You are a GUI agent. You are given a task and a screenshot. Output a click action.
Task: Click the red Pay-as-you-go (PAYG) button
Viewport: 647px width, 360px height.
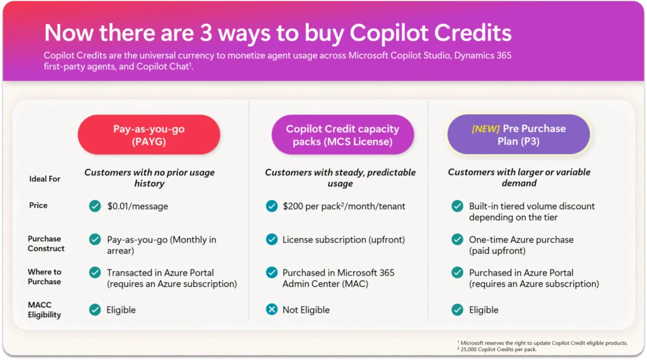click(x=148, y=135)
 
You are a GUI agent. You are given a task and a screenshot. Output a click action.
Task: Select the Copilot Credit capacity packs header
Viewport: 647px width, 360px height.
click(x=342, y=135)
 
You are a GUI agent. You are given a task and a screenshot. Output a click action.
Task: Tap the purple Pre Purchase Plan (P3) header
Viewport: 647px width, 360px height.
click(x=519, y=135)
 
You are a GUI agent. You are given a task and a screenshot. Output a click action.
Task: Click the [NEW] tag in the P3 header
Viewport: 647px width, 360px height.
click(x=485, y=129)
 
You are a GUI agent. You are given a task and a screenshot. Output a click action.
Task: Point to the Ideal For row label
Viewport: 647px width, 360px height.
click(x=45, y=179)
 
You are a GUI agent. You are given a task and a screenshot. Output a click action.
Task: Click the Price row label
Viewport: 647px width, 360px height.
click(x=38, y=205)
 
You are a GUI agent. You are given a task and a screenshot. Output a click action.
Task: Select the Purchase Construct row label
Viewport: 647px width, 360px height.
click(x=46, y=243)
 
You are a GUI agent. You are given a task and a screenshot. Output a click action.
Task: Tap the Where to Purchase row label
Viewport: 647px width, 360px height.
click(x=44, y=277)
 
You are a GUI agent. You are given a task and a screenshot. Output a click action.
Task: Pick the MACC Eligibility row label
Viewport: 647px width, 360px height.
click(x=44, y=309)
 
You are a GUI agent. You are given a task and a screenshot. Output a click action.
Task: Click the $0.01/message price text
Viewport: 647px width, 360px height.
click(x=138, y=206)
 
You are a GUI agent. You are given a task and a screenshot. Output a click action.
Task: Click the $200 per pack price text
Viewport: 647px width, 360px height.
click(x=344, y=206)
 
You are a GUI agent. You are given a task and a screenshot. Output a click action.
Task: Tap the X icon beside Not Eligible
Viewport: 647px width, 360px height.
click(x=272, y=309)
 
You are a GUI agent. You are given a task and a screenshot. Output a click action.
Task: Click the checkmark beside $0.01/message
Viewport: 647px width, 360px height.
click(x=95, y=206)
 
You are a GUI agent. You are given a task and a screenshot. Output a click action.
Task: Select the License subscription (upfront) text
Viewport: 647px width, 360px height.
click(x=344, y=239)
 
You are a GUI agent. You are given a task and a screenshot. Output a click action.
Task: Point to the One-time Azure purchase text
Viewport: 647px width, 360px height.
click(x=521, y=239)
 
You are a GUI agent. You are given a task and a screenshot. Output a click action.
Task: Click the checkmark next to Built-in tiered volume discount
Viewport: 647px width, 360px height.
click(x=457, y=206)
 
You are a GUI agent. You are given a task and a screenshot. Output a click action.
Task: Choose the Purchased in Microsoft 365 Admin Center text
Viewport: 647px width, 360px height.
click(x=338, y=278)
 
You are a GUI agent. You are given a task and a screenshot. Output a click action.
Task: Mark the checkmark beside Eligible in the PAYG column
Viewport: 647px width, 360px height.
click(x=95, y=309)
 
